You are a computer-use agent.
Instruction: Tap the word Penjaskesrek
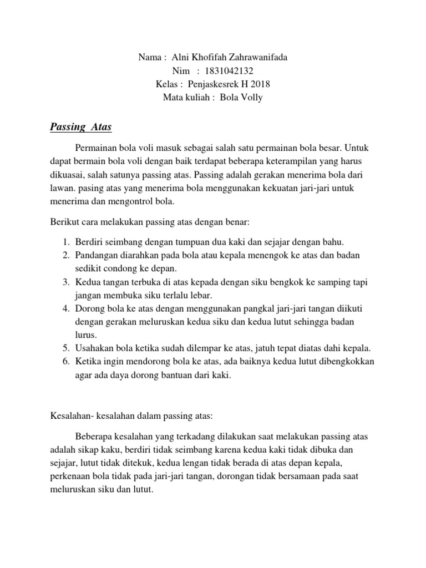pyautogui.click(x=214, y=84)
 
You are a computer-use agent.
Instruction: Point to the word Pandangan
pyautogui.click(x=98, y=255)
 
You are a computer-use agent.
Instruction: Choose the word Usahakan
pyautogui.click(x=95, y=348)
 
